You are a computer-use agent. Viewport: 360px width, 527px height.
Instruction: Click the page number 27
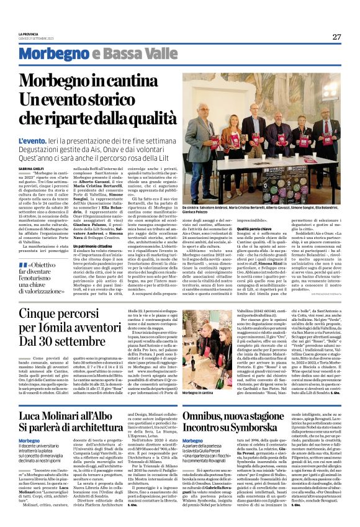[336, 37]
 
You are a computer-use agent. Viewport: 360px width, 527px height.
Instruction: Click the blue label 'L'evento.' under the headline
[30, 142]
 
